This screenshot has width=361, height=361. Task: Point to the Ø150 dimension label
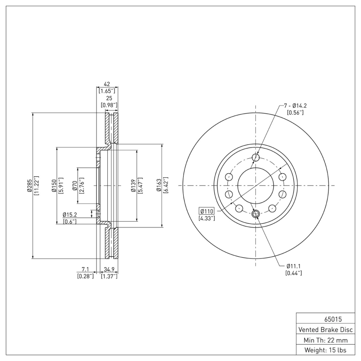click(x=54, y=185)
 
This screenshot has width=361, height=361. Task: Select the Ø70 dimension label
click(x=74, y=185)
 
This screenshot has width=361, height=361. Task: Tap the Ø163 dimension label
click(x=159, y=185)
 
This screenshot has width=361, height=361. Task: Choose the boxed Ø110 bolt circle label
click(x=207, y=211)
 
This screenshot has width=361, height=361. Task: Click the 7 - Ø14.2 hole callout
click(x=296, y=106)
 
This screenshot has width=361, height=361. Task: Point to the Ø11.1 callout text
click(x=294, y=266)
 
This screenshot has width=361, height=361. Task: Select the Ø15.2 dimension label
click(x=70, y=214)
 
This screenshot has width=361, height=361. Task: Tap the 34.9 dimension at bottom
click(x=109, y=269)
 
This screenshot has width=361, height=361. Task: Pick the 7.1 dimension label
click(x=85, y=269)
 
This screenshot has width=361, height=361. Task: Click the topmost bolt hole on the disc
click(x=256, y=157)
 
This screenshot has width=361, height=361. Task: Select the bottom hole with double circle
click(x=256, y=214)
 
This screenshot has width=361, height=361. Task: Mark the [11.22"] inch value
click(x=37, y=185)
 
